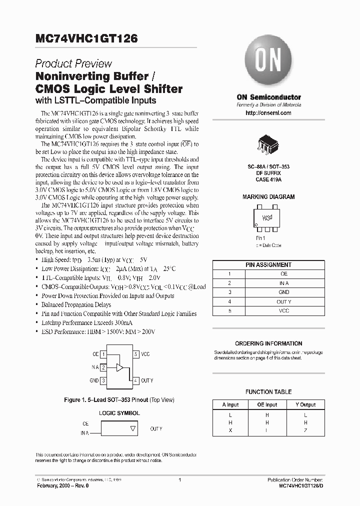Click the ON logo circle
pos(268,63)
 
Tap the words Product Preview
pos(73,64)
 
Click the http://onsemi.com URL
pos(268,113)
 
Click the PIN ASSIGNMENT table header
pos(268,264)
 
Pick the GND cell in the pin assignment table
pos(283,292)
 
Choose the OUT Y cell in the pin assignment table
pos(283,301)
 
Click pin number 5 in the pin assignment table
pos(229,310)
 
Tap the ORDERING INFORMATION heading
pos(268,343)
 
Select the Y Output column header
pos(305,404)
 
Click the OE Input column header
pos(267,404)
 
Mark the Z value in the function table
pos(305,430)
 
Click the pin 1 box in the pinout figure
pos(103,354)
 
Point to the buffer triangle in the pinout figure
pos(119,367)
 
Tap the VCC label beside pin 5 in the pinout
pos(145,354)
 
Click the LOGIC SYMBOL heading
pos(119,413)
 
